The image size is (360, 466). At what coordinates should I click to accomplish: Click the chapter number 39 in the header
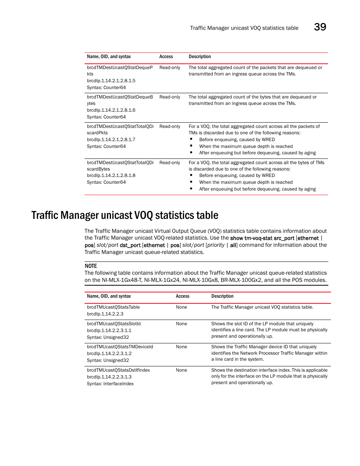[x=320, y=27]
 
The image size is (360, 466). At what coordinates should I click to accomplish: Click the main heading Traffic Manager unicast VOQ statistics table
[x=125, y=215]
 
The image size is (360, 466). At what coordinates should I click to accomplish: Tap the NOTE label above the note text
[x=91, y=266]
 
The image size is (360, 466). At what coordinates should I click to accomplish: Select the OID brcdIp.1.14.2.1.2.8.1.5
[x=111, y=81]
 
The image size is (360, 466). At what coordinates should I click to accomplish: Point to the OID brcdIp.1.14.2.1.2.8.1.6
[x=111, y=110]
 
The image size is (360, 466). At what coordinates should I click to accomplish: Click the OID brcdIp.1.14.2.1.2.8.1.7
[x=111, y=140]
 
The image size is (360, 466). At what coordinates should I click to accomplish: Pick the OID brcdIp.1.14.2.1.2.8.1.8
[x=111, y=175]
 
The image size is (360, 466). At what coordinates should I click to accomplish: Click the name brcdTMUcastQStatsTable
[x=113, y=307]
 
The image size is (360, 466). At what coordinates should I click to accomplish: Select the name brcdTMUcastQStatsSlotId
[x=114, y=324]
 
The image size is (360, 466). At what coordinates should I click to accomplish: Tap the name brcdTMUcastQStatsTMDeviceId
[x=120, y=347]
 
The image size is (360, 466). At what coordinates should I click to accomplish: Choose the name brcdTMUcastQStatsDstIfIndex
[x=118, y=370]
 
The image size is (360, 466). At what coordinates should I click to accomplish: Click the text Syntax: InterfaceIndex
[x=110, y=384]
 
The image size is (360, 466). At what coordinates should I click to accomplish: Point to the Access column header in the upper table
[x=166, y=57]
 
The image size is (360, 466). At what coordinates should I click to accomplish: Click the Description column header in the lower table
[x=222, y=296]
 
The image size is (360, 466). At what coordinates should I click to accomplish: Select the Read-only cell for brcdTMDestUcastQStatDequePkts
[x=170, y=68]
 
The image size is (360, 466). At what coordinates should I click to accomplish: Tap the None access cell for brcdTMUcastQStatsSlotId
[x=182, y=324]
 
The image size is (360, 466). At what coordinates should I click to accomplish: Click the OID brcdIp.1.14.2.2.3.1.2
[x=109, y=354]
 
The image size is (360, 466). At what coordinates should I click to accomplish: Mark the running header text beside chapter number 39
[x=244, y=28]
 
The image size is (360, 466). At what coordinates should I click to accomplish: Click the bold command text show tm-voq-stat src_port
[x=262, y=238]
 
